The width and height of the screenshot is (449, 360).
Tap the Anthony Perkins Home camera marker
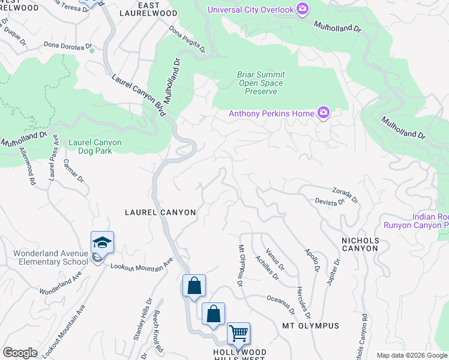[324, 113]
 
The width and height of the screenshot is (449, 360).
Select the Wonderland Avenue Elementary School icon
[102, 243]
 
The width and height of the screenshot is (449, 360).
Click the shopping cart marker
[238, 333]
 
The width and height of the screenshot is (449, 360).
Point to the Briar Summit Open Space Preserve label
[261, 83]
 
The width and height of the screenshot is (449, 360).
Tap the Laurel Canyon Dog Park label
[95, 146]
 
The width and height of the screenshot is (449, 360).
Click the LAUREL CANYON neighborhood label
[160, 212]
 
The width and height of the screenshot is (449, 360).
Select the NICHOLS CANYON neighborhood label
[360, 244]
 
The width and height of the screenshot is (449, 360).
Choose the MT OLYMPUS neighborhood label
[310, 326]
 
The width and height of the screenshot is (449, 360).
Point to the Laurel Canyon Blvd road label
[137, 96]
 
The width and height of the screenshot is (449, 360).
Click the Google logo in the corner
[20, 353]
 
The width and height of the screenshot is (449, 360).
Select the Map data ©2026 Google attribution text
[411, 355]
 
